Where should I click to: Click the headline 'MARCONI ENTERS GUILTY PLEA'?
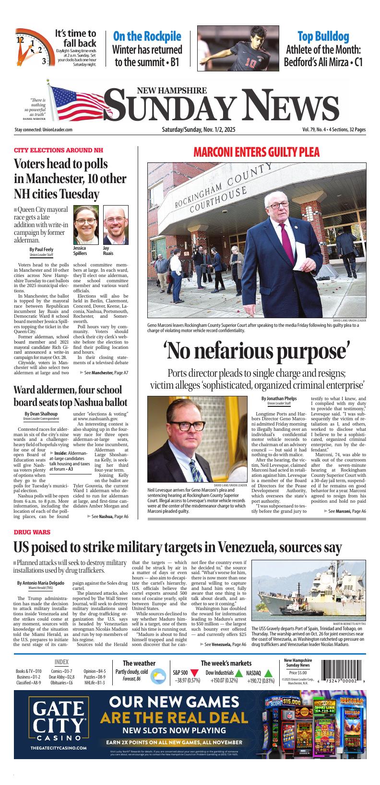click(x=256, y=152)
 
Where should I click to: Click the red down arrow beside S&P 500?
click(x=194, y=673)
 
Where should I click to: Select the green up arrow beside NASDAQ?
click(x=268, y=673)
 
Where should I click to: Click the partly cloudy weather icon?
click(x=156, y=676)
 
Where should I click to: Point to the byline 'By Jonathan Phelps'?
click(x=279, y=398)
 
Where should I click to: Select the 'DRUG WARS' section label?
click(x=32, y=532)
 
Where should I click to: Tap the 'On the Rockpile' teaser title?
click(x=147, y=36)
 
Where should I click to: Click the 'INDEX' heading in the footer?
click(x=61, y=662)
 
